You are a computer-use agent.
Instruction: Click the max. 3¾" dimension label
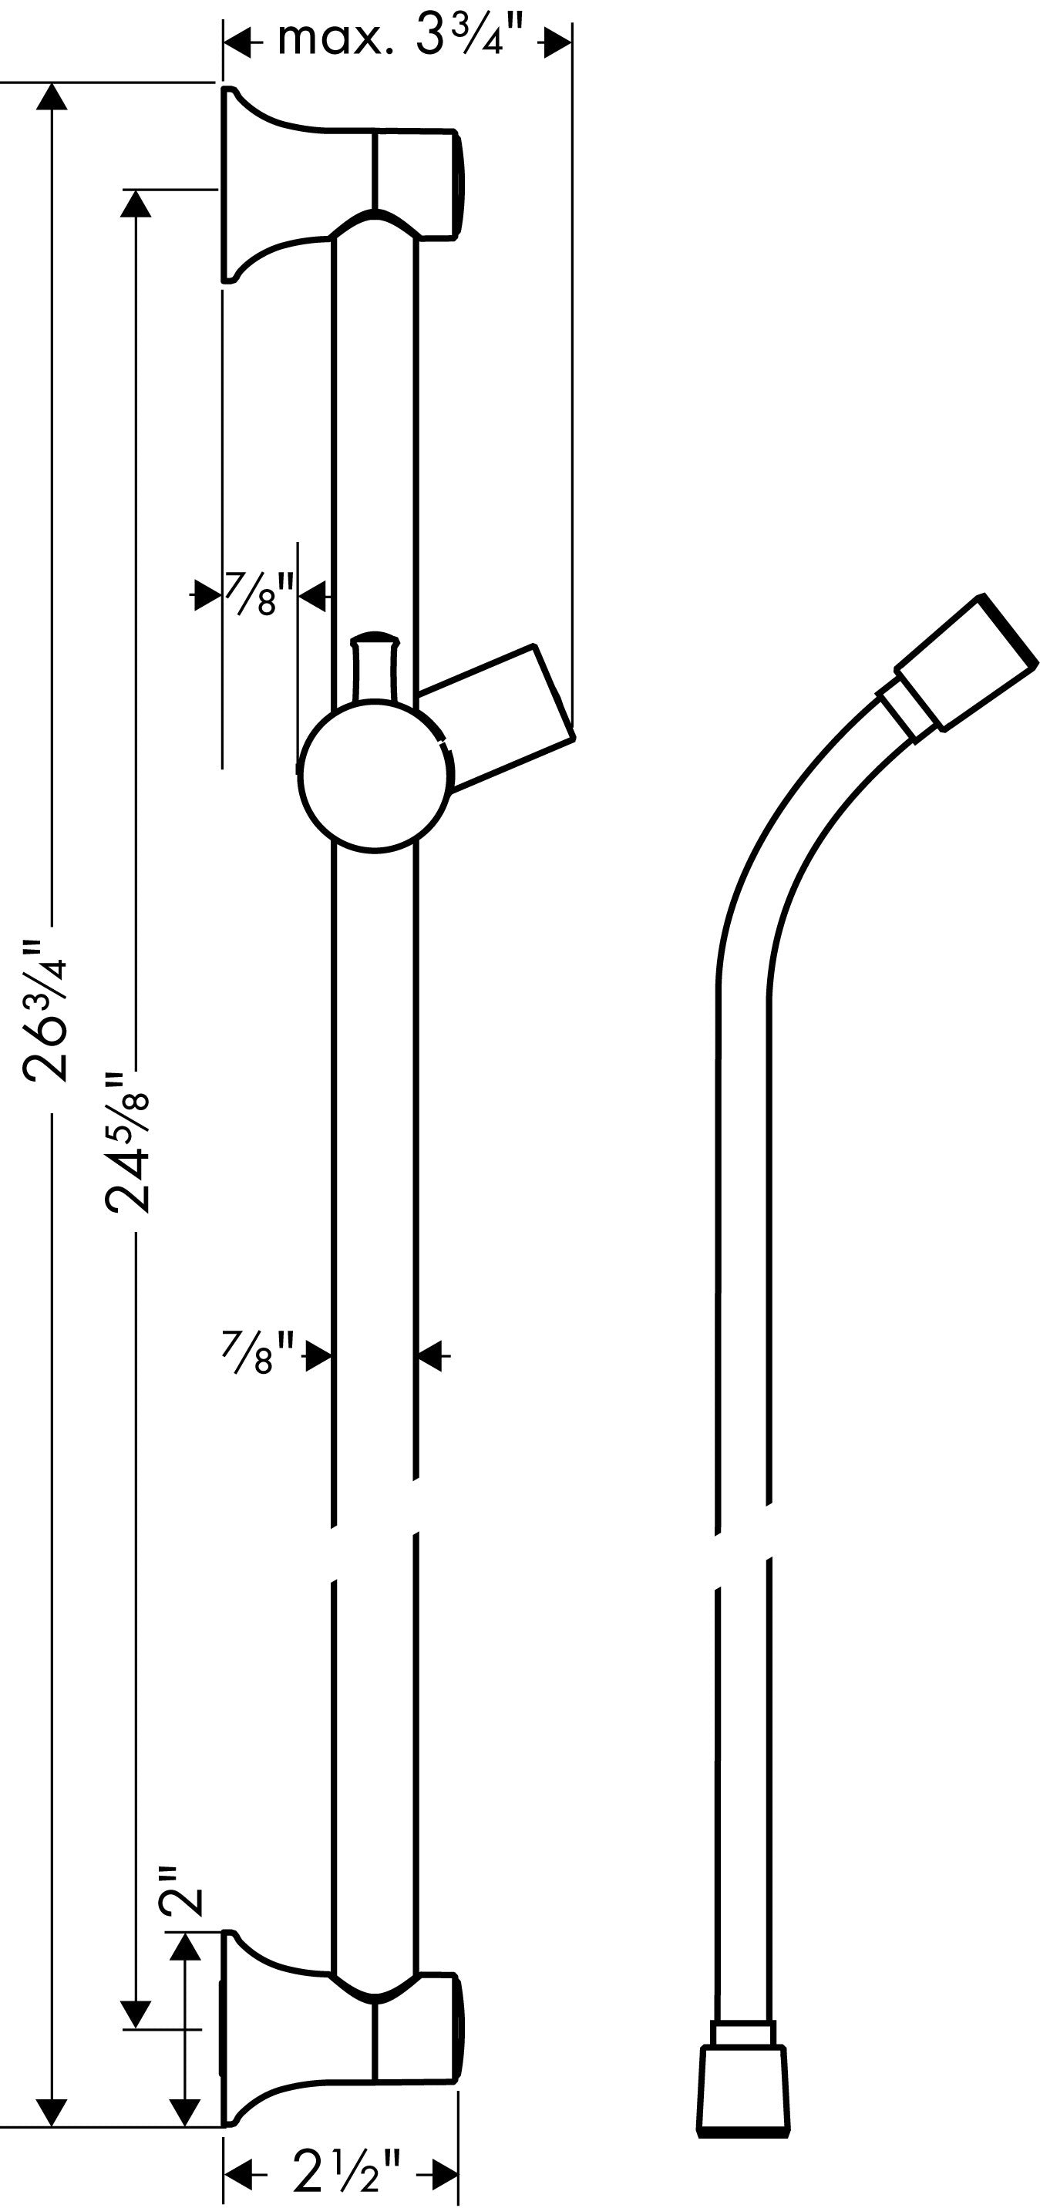coord(400,39)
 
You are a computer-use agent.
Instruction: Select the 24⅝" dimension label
coord(128,1141)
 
